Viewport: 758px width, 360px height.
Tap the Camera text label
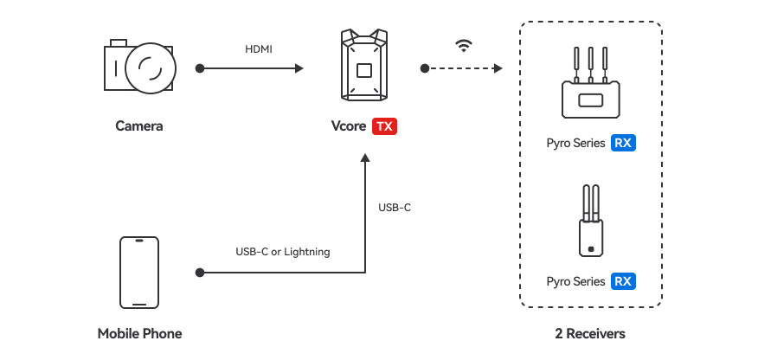pyautogui.click(x=139, y=126)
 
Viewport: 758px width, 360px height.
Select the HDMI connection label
pyautogui.click(x=258, y=49)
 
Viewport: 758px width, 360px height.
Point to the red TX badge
pyautogui.click(x=384, y=126)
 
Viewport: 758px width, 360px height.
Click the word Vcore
pyautogui.click(x=349, y=126)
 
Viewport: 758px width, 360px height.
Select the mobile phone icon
pyautogui.click(x=139, y=273)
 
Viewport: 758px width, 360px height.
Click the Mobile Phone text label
pyautogui.click(x=139, y=333)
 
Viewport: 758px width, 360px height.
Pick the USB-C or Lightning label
pyautogui.click(x=283, y=252)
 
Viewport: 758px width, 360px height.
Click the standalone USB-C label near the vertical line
pyautogui.click(x=395, y=208)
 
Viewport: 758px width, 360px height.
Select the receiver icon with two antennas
pyautogui.click(x=590, y=222)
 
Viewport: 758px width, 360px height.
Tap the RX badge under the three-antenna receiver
pyautogui.click(x=623, y=143)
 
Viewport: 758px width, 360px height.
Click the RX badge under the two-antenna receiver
pyautogui.click(x=623, y=281)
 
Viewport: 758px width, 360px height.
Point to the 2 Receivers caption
pyautogui.click(x=590, y=333)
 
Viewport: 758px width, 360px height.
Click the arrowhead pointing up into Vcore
pyautogui.click(x=365, y=159)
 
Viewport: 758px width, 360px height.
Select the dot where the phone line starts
pyautogui.click(x=200, y=273)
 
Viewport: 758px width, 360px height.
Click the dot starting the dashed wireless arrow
pyautogui.click(x=424, y=67)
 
